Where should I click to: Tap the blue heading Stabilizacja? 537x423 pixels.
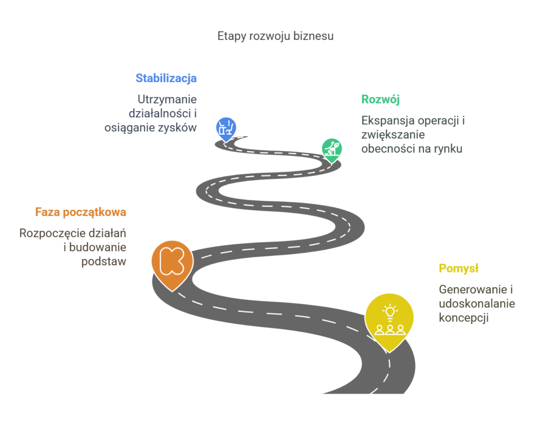coord(166,79)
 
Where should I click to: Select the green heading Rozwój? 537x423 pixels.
coord(381,100)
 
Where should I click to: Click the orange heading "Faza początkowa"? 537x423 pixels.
coord(81,212)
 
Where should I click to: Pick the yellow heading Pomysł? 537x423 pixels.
coord(459,269)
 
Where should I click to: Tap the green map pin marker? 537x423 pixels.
coord(331,149)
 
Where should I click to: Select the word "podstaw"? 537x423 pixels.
coord(104,261)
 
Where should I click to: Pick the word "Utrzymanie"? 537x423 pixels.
coord(167,99)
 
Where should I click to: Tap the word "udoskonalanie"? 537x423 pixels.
coord(477,303)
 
